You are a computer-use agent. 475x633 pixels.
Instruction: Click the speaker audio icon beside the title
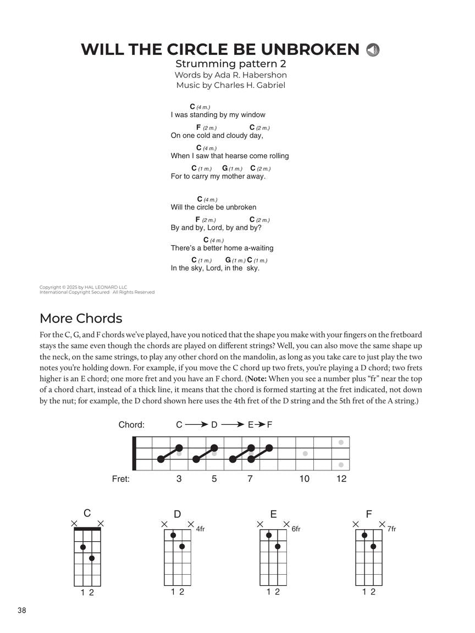click(x=373, y=50)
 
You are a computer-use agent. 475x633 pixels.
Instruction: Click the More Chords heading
click(x=81, y=319)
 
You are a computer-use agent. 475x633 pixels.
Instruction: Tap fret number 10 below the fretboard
click(x=304, y=479)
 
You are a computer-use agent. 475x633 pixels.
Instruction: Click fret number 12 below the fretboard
click(x=341, y=479)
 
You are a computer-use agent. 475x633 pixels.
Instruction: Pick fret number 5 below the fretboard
click(x=214, y=479)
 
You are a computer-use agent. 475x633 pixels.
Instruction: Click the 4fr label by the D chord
click(x=201, y=529)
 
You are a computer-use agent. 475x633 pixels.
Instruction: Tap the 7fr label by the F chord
click(x=391, y=529)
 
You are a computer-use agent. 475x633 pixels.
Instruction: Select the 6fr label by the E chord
click(x=296, y=529)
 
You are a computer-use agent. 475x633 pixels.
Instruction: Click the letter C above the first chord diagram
click(x=87, y=514)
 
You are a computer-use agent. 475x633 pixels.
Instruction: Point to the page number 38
click(x=22, y=610)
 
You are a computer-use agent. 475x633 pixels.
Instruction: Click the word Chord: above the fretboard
click(x=131, y=425)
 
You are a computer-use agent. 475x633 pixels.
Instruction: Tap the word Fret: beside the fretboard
click(x=121, y=479)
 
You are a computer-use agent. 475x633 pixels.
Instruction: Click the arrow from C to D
click(x=196, y=425)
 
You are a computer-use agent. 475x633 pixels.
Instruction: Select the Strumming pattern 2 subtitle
click(x=230, y=64)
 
